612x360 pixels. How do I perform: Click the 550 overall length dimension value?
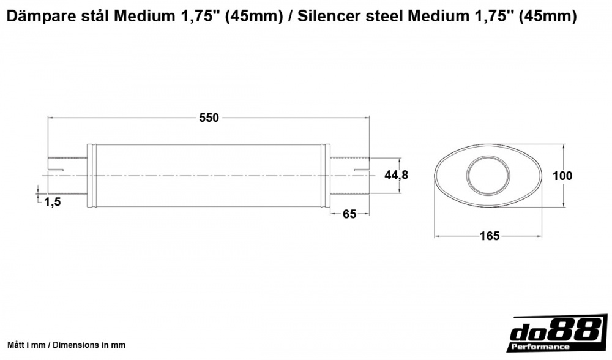click(x=209, y=118)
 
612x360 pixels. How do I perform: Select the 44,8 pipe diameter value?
click(x=396, y=175)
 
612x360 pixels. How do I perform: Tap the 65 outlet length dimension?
click(x=349, y=214)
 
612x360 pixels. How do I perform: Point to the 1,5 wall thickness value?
click(x=53, y=202)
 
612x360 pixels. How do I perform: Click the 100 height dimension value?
click(x=562, y=176)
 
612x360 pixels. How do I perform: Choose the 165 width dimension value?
click(x=490, y=236)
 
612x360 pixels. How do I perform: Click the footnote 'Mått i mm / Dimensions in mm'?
click(x=66, y=345)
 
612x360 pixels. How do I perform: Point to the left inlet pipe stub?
click(x=67, y=176)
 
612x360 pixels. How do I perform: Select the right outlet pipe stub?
click(x=350, y=176)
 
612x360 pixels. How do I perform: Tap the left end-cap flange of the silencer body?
click(x=92, y=176)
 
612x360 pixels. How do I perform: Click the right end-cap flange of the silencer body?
click(x=327, y=176)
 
